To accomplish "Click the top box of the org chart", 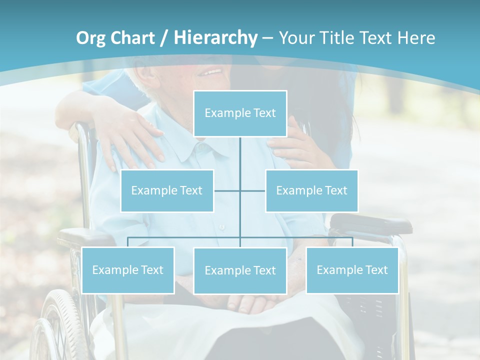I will (x=240, y=113).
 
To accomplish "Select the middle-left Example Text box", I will (x=167, y=190).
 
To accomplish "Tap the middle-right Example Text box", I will (x=311, y=190).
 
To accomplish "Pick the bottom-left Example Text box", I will (x=128, y=270).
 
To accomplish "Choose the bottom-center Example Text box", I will (x=240, y=270).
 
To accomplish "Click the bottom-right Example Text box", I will (x=352, y=270).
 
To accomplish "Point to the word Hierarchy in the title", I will (x=215, y=38).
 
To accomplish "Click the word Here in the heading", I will (x=416, y=38).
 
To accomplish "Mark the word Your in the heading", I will (x=297, y=38).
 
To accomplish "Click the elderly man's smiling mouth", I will (x=212, y=72).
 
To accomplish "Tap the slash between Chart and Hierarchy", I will (x=164, y=38).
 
